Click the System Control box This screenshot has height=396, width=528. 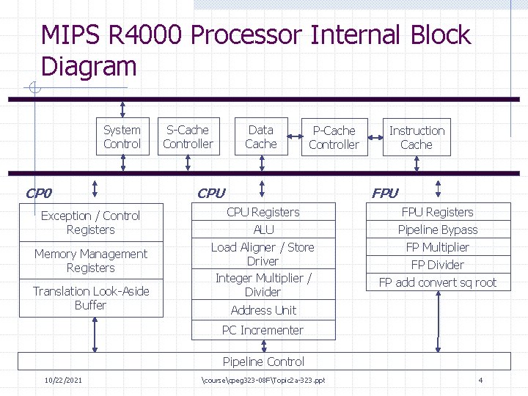click(x=122, y=137)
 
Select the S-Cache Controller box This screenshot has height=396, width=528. click(x=188, y=137)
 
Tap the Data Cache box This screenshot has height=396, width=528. click(x=260, y=137)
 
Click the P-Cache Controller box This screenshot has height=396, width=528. click(x=334, y=138)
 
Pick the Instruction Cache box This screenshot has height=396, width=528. click(x=417, y=138)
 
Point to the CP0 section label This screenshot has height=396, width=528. click(x=38, y=194)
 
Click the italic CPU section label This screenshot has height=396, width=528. click(x=211, y=194)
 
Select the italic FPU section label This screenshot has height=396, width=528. click(x=385, y=194)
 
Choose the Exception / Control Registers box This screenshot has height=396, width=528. click(x=90, y=223)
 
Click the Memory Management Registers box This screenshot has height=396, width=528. click(x=90, y=261)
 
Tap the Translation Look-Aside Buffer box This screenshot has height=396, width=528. click(x=90, y=298)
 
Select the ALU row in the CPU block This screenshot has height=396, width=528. click(x=263, y=230)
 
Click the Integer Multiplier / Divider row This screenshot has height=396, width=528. click(x=263, y=285)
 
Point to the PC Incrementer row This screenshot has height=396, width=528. click(x=263, y=330)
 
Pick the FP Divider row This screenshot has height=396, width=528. click(x=438, y=265)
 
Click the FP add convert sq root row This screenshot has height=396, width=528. click(x=438, y=282)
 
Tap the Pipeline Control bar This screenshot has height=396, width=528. click(x=263, y=362)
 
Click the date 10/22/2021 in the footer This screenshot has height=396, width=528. click(x=63, y=380)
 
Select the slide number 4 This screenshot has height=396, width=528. click(x=480, y=380)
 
